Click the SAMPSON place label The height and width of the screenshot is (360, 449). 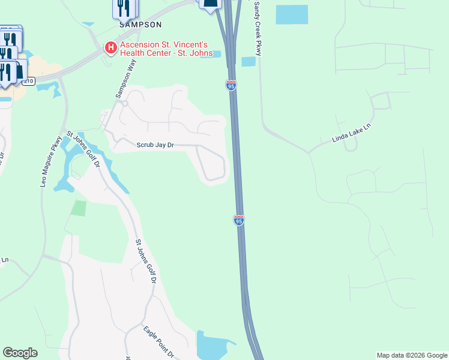point(140,25)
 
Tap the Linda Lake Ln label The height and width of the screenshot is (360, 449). point(352,134)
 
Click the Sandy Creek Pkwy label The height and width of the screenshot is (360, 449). point(258,29)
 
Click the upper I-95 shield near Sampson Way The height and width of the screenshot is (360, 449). point(231,85)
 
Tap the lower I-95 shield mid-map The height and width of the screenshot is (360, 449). point(239,220)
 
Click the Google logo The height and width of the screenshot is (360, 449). point(20,353)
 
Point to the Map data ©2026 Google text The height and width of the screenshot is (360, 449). point(412,355)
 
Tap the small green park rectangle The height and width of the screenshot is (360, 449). point(79,208)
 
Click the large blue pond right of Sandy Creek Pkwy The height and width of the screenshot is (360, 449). point(292,14)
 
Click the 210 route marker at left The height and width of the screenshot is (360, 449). point(30,81)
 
